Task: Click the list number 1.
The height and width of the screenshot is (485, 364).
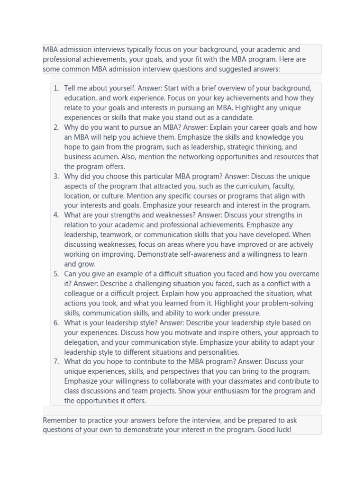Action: tap(56, 88)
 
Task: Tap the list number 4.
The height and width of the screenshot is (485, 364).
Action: tap(56, 215)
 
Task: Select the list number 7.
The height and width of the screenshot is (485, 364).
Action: tap(56, 362)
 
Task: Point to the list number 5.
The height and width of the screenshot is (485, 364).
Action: tap(56, 274)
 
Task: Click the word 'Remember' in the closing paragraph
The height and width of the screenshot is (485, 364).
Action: tap(60, 420)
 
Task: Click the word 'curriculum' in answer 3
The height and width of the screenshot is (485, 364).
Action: tap(252, 186)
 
